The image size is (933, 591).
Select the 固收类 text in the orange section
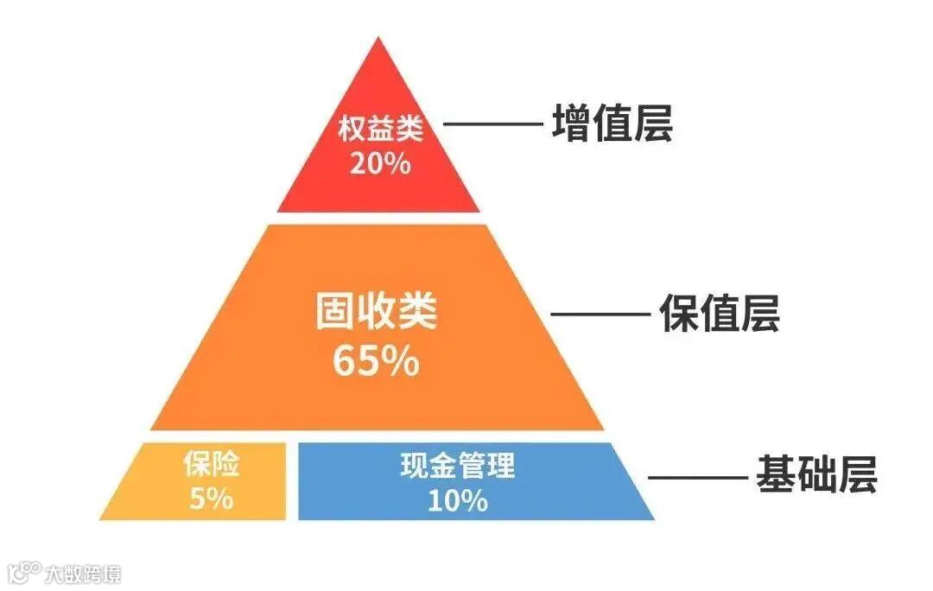pyautogui.click(x=377, y=313)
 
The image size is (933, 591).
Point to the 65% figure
pyautogui.click(x=377, y=361)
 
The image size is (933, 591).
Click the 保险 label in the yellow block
pyautogui.click(x=211, y=466)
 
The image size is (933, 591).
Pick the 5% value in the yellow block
pyautogui.click(x=211, y=499)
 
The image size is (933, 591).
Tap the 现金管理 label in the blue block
pyautogui.click(x=458, y=467)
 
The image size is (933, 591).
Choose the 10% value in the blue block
pyautogui.click(x=458, y=500)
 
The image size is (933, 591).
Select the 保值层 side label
pyautogui.click(x=720, y=314)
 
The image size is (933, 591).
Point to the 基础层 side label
pyautogui.click(x=816, y=475)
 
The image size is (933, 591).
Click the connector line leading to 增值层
pyautogui.click(x=491, y=124)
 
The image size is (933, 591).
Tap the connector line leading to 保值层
pyautogui.click(x=600, y=314)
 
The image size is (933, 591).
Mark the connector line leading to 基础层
pyautogui.click(x=697, y=476)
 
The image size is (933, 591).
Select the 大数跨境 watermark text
pyautogui.click(x=84, y=573)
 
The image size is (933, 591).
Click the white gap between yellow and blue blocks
pyautogui.click(x=291, y=481)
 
